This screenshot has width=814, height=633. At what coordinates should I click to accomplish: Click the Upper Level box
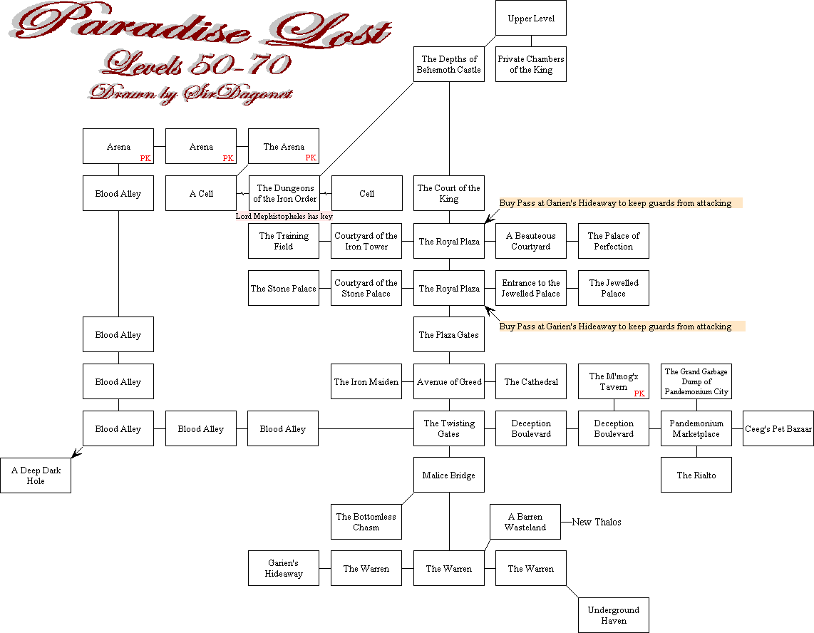point(531,18)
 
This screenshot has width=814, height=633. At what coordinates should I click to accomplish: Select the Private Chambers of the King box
point(531,64)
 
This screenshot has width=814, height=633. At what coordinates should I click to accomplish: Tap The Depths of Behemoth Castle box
point(449,64)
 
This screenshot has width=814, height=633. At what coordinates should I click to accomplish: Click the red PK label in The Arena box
point(311,158)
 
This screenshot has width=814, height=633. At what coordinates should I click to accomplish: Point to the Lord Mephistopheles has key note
point(284,216)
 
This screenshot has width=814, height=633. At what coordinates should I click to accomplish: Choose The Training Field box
point(284,241)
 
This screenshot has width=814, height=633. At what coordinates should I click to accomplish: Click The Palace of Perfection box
point(614,241)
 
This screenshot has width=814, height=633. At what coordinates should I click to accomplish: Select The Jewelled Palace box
point(614,288)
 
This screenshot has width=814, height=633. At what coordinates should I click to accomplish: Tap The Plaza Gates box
point(449,335)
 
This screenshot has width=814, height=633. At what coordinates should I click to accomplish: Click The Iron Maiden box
point(366,382)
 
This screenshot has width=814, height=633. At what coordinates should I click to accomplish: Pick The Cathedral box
point(531,382)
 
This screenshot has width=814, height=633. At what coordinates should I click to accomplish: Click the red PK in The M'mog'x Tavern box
point(639,393)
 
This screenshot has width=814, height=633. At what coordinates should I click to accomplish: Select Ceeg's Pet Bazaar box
point(778,429)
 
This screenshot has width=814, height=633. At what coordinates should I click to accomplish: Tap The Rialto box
point(696,475)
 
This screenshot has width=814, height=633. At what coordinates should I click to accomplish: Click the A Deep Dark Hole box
point(36,475)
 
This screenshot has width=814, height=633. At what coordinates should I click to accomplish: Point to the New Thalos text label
point(597,523)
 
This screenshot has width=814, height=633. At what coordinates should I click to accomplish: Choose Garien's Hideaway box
point(284,568)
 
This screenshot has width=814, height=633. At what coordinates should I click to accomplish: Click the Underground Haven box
point(614,615)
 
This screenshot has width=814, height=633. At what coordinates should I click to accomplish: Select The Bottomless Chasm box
point(366,522)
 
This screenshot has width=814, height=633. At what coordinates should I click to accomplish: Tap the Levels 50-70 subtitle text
point(196,66)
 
